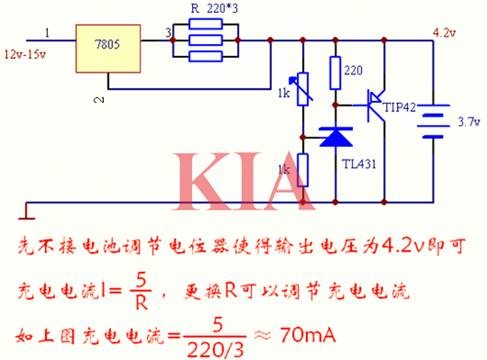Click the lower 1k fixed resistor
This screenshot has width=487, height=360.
[301, 169]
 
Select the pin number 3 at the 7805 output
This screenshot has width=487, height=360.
[167, 34]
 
